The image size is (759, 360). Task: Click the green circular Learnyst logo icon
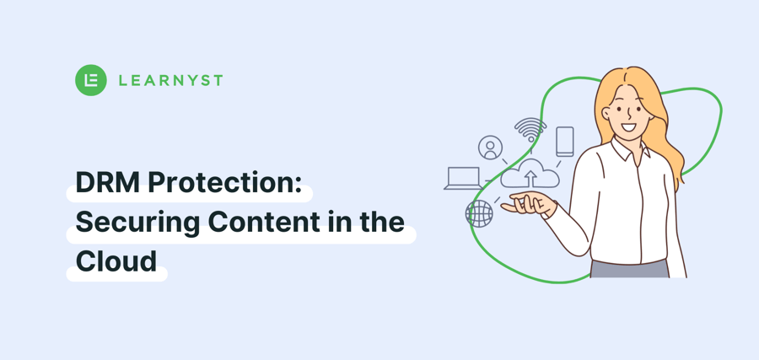tap(91, 80)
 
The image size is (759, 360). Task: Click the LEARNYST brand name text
tap(171, 80)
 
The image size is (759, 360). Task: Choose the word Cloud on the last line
tap(116, 261)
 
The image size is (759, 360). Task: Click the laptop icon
tap(463, 178)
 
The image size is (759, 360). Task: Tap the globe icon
tap(479, 213)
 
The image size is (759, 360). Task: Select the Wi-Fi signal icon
tap(530, 130)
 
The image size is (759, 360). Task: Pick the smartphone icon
tap(564, 142)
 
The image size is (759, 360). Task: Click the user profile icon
tap(490, 147)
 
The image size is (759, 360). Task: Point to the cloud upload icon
tap(530, 173)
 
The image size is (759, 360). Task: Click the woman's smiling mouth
tap(628, 128)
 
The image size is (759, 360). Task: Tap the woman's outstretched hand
tap(529, 204)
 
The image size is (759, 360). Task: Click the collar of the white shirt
tap(629, 149)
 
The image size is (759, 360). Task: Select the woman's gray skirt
tap(629, 269)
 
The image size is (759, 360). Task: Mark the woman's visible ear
tap(606, 114)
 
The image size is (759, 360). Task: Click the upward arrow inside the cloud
tap(530, 178)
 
